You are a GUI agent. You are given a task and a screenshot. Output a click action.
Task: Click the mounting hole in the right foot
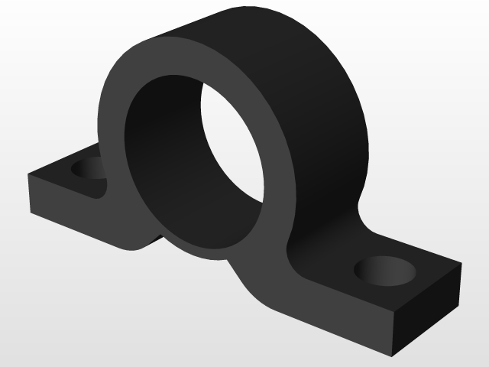[386, 270]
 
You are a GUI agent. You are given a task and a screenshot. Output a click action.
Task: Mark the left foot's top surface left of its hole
[53, 172]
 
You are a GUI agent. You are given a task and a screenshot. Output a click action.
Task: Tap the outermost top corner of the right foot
[461, 265]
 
